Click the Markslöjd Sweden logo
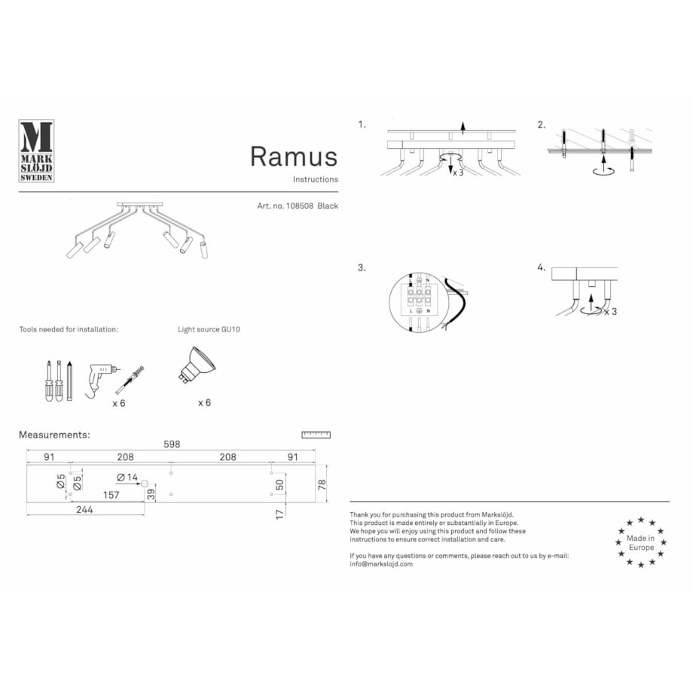coord(35,151)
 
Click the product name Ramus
coord(294,156)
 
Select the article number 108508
coord(298,206)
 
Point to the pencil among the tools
coord(69,380)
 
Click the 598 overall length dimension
coord(172,444)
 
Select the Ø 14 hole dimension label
coord(127,478)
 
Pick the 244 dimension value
coord(84,510)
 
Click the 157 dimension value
coord(111,495)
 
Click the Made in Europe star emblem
coord(640,542)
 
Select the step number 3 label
coord(362,267)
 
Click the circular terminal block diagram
coord(419,302)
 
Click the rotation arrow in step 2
coord(602,170)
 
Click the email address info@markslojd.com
coord(381,563)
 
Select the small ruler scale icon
coord(316,435)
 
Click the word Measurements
coord(54,435)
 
